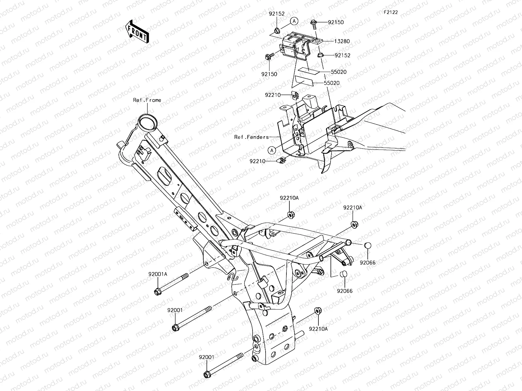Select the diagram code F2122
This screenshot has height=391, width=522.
pyautogui.click(x=391, y=12)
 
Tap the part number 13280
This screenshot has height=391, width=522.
pyautogui.click(x=342, y=41)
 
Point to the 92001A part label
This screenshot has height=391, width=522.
pyautogui.click(x=159, y=274)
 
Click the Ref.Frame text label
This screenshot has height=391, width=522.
pyautogui.click(x=147, y=100)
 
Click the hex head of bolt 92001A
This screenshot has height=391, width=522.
pyautogui.click(x=157, y=291)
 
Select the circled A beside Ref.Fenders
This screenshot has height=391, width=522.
pyautogui.click(x=271, y=150)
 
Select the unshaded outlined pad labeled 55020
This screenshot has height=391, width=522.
pyautogui.click(x=303, y=80)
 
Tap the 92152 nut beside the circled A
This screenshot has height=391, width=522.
pyautogui.click(x=276, y=31)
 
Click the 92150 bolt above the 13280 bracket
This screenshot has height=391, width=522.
pyautogui.click(x=313, y=23)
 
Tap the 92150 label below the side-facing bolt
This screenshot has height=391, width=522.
pyautogui.click(x=269, y=74)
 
